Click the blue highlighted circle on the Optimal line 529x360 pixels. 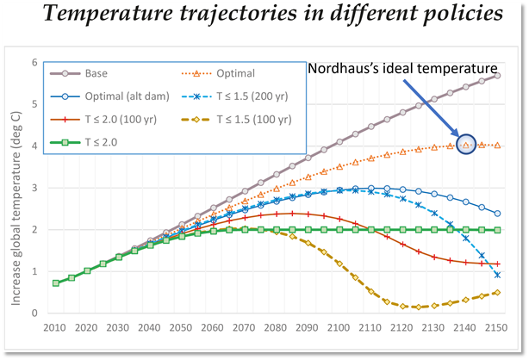[x=466, y=145]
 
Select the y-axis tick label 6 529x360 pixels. [x=35, y=63]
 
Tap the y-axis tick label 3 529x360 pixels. [x=35, y=188]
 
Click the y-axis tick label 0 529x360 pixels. [x=35, y=313]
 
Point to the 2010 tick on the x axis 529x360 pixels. [x=56, y=328]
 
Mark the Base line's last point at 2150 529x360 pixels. [x=498, y=76]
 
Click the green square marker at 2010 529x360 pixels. [x=56, y=282]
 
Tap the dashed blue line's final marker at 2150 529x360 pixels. [x=498, y=275]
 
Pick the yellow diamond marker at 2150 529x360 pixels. [x=498, y=293]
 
